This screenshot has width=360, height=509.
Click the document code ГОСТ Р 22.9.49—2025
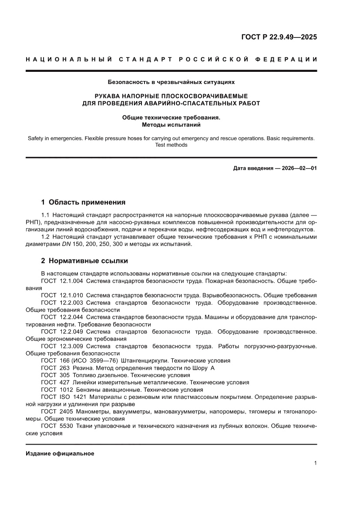(279, 37)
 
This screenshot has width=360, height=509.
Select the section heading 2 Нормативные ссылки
(84, 261)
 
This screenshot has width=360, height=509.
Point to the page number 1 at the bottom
(315, 463)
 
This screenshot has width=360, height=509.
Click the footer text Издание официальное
(60, 453)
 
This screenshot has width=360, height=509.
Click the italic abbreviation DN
(67, 244)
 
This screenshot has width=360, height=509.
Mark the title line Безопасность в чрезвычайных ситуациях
(171, 81)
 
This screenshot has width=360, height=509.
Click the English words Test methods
(171, 145)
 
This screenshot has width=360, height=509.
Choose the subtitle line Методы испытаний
(171, 125)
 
